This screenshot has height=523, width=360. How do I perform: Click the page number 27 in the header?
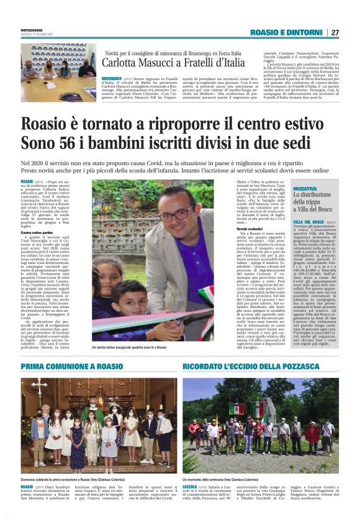[x=335, y=32]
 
